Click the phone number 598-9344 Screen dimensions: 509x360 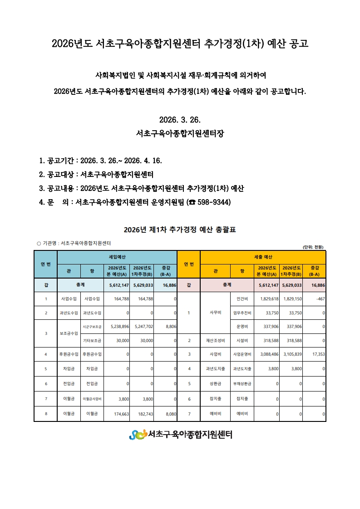tap(212, 201)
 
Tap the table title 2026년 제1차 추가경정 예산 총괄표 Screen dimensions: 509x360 tap(180, 230)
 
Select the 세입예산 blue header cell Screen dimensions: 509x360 tap(117, 257)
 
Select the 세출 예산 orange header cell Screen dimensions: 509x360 tap(263, 257)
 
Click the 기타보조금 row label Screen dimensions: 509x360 tap(92, 340)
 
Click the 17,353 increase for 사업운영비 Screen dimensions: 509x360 tap(317, 354)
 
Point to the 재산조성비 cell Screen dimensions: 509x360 tap(215, 340)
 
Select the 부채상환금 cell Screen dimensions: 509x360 tap(242, 383)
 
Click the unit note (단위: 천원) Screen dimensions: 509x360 tap(313, 247)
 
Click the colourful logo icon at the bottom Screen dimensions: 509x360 tap(138, 435)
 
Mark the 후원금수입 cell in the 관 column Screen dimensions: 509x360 tap(69, 354)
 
